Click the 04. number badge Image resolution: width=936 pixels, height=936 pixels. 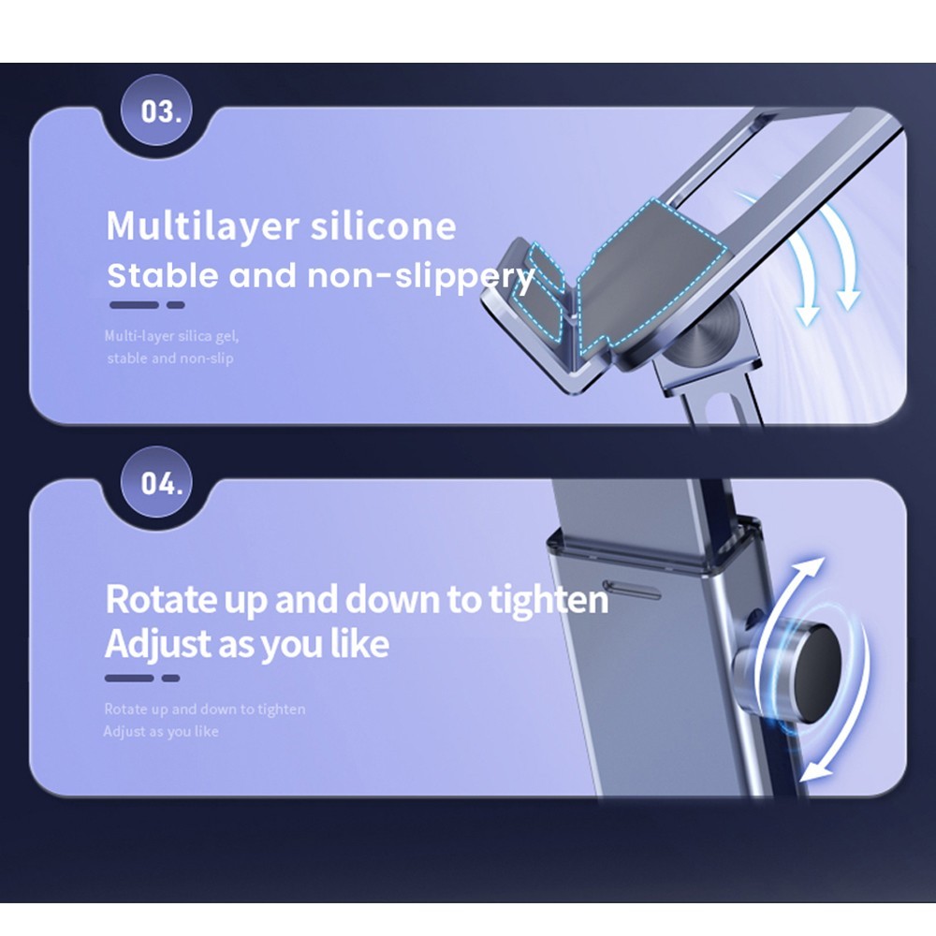[x=156, y=482]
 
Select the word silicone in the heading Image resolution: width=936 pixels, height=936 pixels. [x=383, y=226]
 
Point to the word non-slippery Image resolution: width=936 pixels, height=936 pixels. [x=420, y=277]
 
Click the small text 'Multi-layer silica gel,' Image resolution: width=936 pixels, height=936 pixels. [x=172, y=336]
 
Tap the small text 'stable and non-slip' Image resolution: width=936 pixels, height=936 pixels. [x=170, y=358]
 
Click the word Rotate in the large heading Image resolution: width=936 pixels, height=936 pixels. [x=161, y=599]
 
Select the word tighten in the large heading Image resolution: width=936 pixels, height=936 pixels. [x=548, y=599]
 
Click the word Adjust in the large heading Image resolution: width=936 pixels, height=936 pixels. [x=158, y=644]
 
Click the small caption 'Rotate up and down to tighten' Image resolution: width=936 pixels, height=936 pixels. [x=205, y=709]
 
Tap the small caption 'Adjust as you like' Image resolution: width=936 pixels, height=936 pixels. [x=161, y=731]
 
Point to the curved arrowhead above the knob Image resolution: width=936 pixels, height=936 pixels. [x=812, y=569]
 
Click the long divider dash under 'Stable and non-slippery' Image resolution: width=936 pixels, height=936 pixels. [x=134, y=305]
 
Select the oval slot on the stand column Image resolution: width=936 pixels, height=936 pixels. [x=632, y=589]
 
